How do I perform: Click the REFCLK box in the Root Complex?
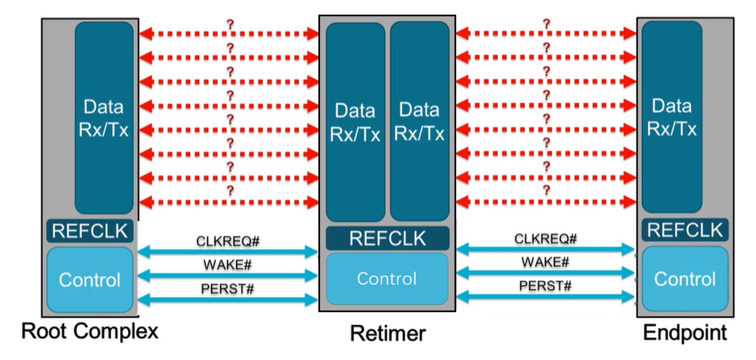(x=90, y=231)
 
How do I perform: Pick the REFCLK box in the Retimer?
(x=388, y=238)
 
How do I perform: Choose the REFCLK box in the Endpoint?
(x=685, y=230)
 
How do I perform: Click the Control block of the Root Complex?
(x=90, y=280)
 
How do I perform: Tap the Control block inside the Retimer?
(x=387, y=278)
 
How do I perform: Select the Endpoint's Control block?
(x=685, y=279)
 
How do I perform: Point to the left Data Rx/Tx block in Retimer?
(x=355, y=121)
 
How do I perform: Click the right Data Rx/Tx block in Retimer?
(x=419, y=121)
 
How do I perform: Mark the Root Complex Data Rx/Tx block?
(x=103, y=118)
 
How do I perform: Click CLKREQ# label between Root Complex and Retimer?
(x=228, y=241)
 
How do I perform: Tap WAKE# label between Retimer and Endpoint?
(x=545, y=262)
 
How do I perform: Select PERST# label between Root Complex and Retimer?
(x=228, y=289)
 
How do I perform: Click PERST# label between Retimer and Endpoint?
(x=545, y=286)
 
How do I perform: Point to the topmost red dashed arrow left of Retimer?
(x=229, y=34)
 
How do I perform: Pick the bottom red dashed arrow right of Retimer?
(x=546, y=202)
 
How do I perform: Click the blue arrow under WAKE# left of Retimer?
(x=228, y=276)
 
